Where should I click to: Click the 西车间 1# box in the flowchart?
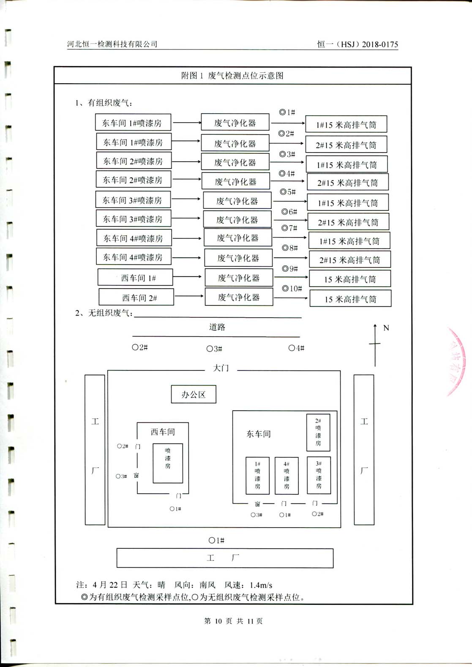135,278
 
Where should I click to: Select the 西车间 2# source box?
136,297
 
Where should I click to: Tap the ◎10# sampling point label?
292,289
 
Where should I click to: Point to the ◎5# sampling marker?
288,192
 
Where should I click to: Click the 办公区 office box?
194,394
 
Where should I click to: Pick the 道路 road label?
217,327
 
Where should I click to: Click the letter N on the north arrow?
386,328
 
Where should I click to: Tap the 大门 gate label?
221,368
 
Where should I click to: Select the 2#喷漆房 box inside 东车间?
318,432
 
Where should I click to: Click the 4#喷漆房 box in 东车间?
286,475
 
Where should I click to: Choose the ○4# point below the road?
296,348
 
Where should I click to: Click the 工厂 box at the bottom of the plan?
225,558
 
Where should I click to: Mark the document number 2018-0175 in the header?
380,44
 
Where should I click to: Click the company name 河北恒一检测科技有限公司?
112,44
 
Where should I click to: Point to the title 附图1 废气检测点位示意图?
232,76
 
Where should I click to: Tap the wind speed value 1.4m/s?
261,585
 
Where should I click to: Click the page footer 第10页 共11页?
233,621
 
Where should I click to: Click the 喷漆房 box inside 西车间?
168,463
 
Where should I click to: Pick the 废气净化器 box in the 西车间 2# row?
239,297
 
